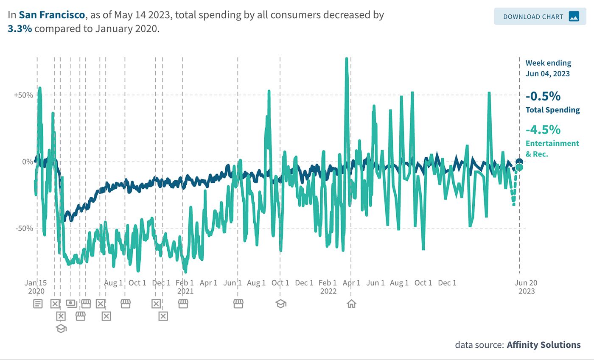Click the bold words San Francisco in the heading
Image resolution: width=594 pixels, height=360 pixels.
click(x=52, y=15)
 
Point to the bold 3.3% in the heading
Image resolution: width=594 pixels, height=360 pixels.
click(x=20, y=29)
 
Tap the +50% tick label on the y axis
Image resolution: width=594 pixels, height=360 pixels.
click(x=23, y=95)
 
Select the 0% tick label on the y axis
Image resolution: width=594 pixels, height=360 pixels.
click(x=27, y=162)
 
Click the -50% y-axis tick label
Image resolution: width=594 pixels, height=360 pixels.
click(x=24, y=229)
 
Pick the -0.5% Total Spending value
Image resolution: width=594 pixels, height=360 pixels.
click(x=543, y=97)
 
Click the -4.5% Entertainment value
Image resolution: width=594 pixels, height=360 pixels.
click(x=543, y=129)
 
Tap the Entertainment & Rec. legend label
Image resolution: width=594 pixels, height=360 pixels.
click(x=552, y=148)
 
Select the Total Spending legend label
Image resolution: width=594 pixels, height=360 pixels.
click(x=552, y=110)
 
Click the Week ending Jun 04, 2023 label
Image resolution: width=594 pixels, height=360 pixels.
click(x=548, y=68)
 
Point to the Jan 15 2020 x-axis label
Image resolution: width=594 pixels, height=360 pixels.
click(x=36, y=287)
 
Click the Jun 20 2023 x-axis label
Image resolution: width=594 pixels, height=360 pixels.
click(x=526, y=287)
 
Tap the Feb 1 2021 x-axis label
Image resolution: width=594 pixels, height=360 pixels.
click(x=185, y=287)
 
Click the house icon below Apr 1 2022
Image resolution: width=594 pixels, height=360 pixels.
click(x=351, y=304)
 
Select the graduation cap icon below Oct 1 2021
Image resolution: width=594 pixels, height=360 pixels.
click(x=280, y=304)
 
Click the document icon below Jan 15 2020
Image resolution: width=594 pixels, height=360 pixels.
click(x=38, y=304)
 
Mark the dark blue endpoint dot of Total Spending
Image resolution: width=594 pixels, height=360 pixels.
click(x=519, y=162)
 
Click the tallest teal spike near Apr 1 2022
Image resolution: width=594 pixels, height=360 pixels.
click(x=346, y=59)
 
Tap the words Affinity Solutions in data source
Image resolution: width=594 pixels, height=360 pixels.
click(x=544, y=345)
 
